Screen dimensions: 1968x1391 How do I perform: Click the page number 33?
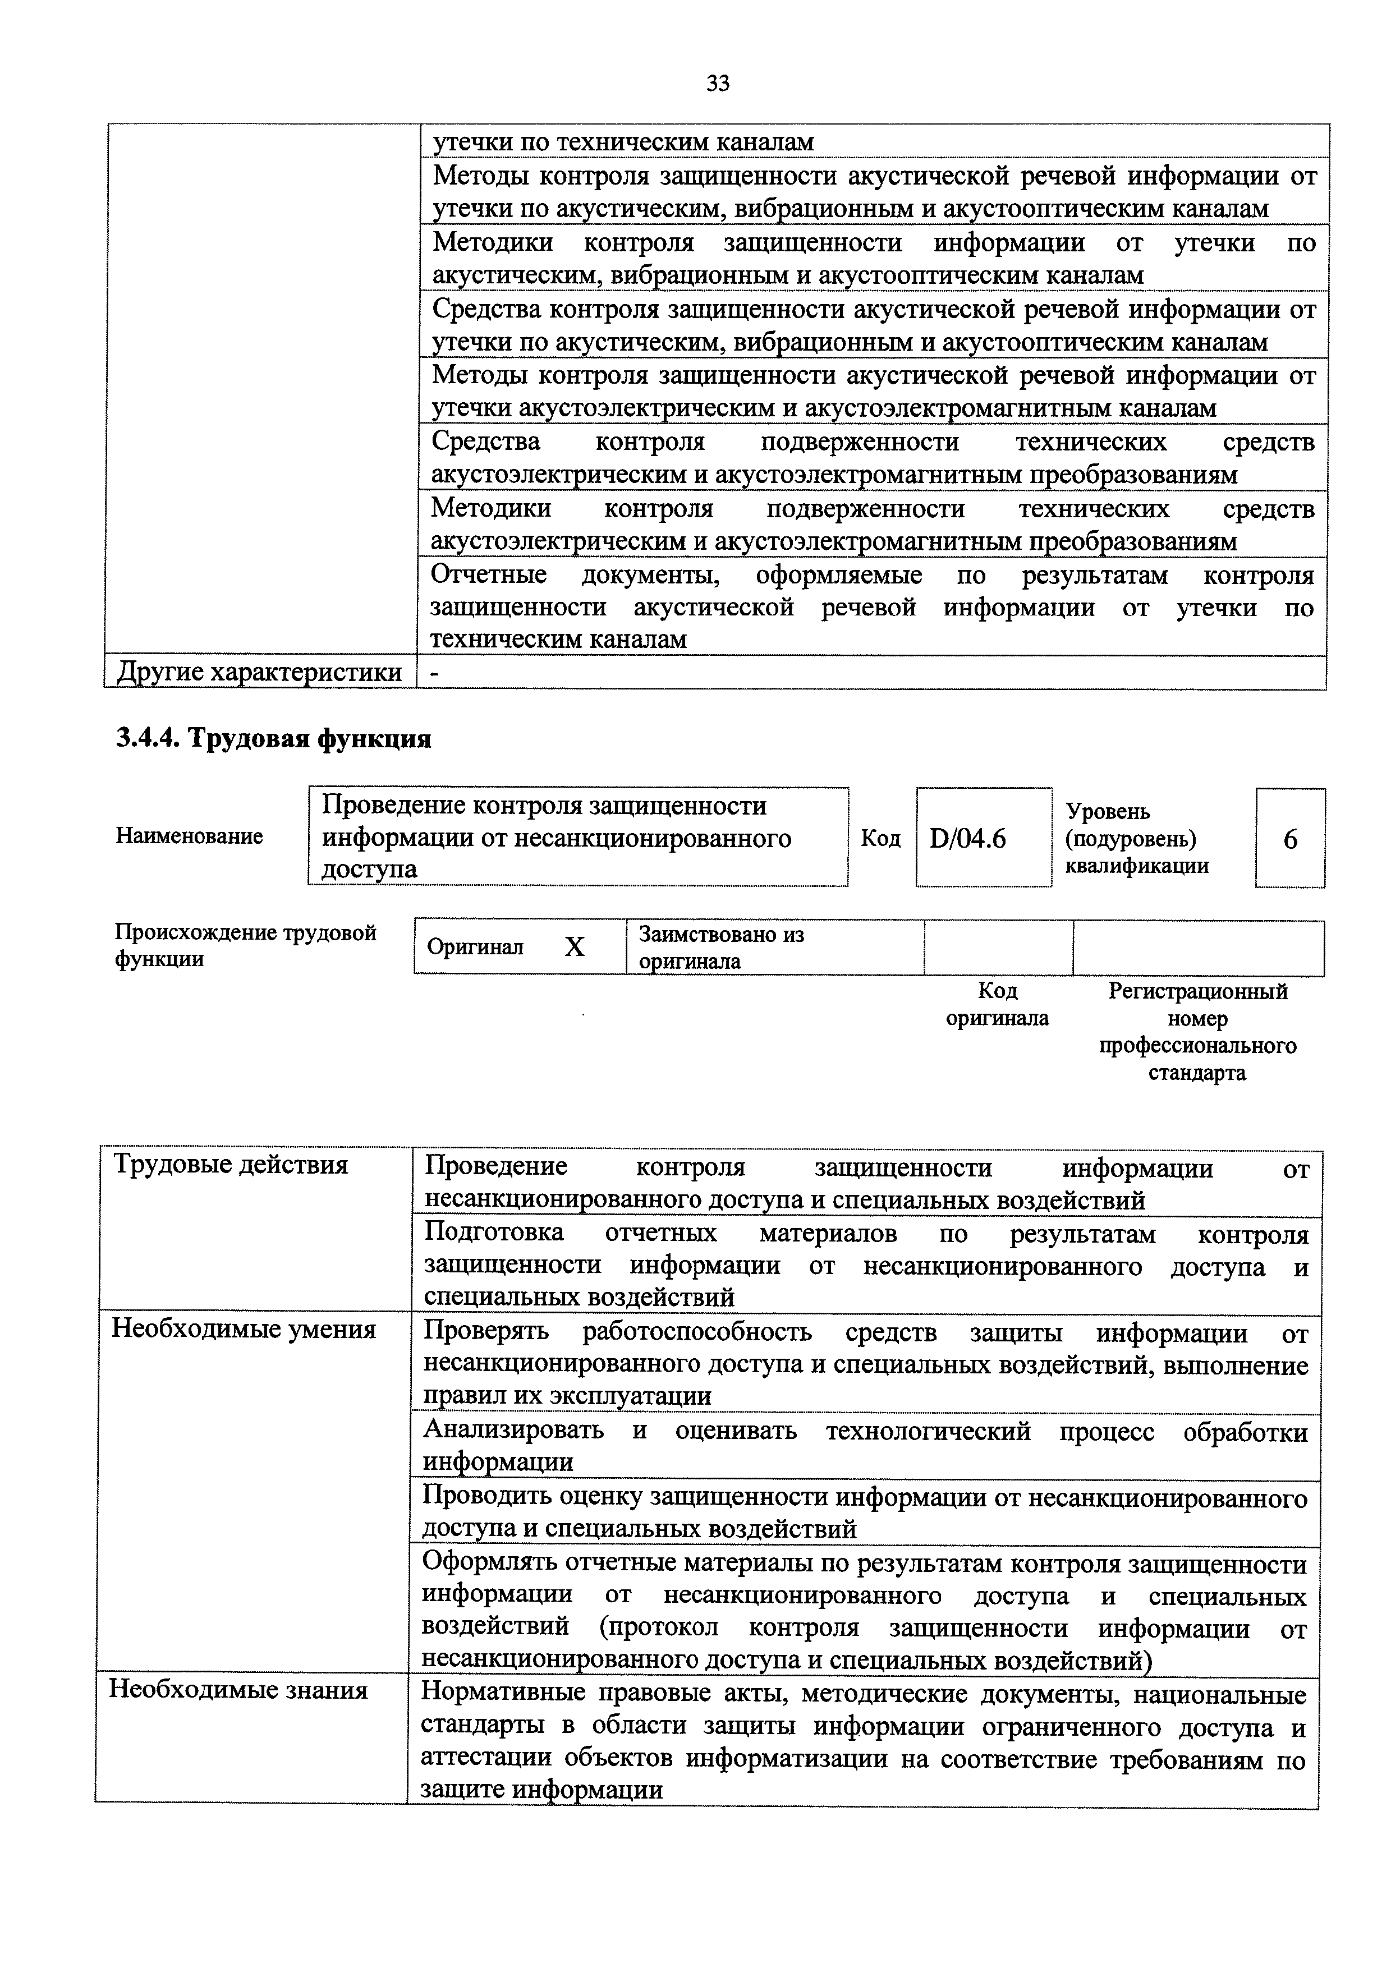point(717,83)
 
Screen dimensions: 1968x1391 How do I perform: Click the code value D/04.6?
point(967,838)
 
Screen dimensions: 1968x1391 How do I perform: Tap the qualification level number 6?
point(1290,839)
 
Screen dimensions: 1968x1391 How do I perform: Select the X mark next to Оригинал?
point(574,947)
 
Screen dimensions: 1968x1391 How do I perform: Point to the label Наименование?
point(190,836)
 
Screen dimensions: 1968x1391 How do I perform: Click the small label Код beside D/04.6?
point(880,838)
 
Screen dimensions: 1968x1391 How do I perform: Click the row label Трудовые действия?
point(231,1165)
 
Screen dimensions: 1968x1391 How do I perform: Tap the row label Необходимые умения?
point(244,1330)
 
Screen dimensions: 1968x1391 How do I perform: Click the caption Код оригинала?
point(997,1005)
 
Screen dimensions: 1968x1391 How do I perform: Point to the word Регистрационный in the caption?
point(1197,992)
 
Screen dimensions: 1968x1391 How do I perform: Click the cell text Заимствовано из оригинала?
point(722,947)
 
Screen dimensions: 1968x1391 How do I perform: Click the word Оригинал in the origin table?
point(475,947)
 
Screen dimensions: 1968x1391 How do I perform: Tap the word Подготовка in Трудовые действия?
point(494,1233)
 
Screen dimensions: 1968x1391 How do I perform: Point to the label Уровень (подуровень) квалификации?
point(1136,838)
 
